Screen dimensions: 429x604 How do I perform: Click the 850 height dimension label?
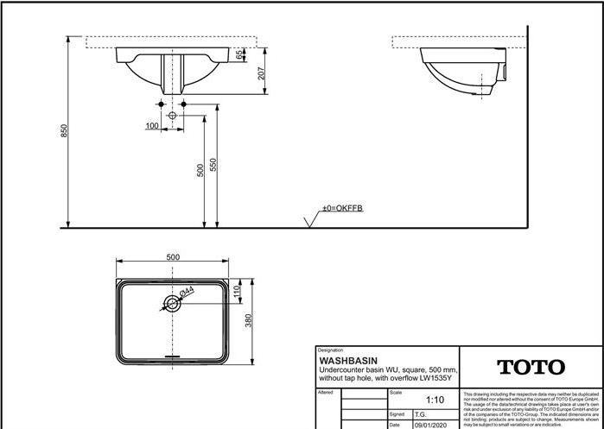(x=63, y=130)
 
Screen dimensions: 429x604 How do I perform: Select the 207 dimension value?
(x=261, y=74)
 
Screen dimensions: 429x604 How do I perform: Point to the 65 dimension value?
(x=238, y=55)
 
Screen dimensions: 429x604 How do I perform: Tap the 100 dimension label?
(x=152, y=126)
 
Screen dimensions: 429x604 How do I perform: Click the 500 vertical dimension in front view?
(x=200, y=170)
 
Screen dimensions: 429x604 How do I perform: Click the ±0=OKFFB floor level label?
(x=343, y=209)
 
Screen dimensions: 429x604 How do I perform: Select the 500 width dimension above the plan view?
(x=173, y=257)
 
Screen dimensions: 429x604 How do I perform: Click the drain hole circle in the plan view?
(x=172, y=304)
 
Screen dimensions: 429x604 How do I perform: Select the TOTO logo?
(x=531, y=368)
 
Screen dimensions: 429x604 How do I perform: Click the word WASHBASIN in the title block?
(x=348, y=361)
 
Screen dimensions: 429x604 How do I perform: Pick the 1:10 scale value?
(x=436, y=400)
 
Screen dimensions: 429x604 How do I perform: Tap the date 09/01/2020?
(x=431, y=425)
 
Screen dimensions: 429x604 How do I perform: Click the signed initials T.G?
(x=421, y=414)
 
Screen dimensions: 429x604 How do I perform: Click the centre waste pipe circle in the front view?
(x=172, y=115)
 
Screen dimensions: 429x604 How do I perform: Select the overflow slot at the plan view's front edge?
(x=173, y=354)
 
